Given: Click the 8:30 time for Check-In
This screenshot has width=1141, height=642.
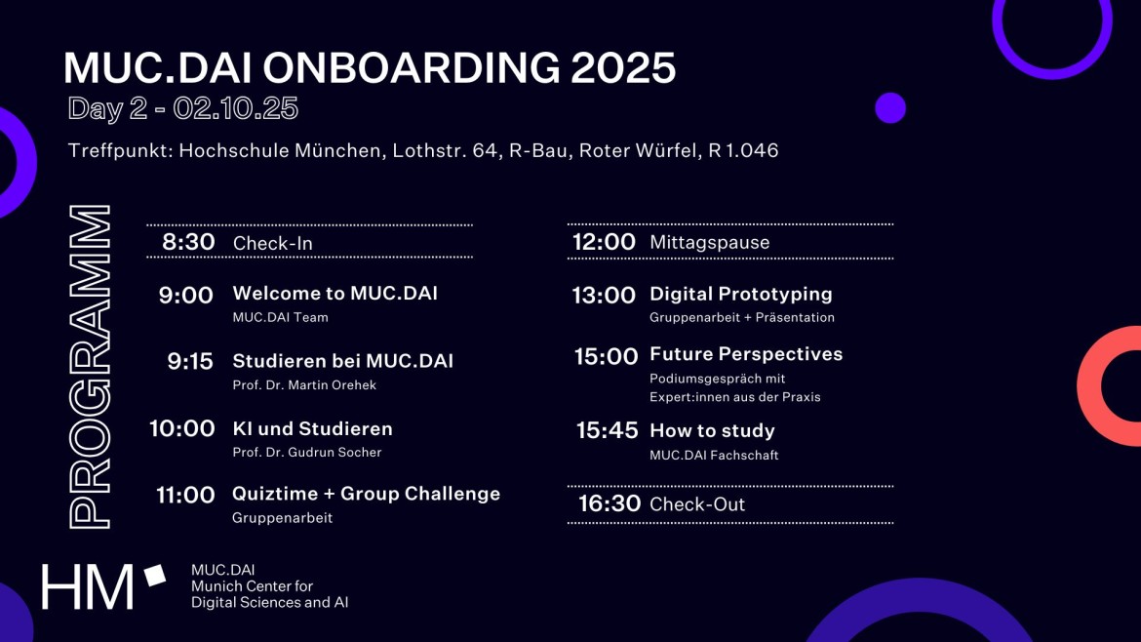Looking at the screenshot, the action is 188,242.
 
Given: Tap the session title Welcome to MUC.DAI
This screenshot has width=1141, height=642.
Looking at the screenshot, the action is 334,294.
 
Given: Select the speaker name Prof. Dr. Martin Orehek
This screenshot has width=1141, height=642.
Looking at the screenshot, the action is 304,385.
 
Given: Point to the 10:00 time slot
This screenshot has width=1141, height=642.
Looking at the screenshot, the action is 182,428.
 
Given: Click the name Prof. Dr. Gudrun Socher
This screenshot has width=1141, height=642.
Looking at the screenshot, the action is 306,452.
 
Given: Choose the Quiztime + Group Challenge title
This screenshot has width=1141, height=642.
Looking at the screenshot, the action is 366,494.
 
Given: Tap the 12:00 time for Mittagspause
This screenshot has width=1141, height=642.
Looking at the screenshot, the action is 604,242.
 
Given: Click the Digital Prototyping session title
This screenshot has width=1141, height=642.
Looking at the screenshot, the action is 741,294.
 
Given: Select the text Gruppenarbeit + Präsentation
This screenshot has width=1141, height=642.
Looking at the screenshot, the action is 741,317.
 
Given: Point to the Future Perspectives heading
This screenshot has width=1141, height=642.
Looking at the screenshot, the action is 746,354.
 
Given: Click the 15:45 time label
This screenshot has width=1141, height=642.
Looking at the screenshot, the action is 607,430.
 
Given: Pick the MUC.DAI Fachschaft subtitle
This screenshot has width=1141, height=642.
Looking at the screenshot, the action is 714,455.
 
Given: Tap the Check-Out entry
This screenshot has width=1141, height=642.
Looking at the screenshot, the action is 697,504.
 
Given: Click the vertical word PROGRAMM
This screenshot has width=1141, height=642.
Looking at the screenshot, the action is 90,366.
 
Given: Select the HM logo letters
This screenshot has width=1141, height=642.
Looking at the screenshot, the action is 88,586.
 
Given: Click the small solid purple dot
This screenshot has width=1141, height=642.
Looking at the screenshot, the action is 890,107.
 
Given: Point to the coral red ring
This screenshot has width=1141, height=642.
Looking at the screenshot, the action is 1089,385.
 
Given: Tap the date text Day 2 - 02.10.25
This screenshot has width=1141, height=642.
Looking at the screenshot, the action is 182,108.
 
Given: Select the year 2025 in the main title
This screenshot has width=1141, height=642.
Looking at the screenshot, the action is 623,67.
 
